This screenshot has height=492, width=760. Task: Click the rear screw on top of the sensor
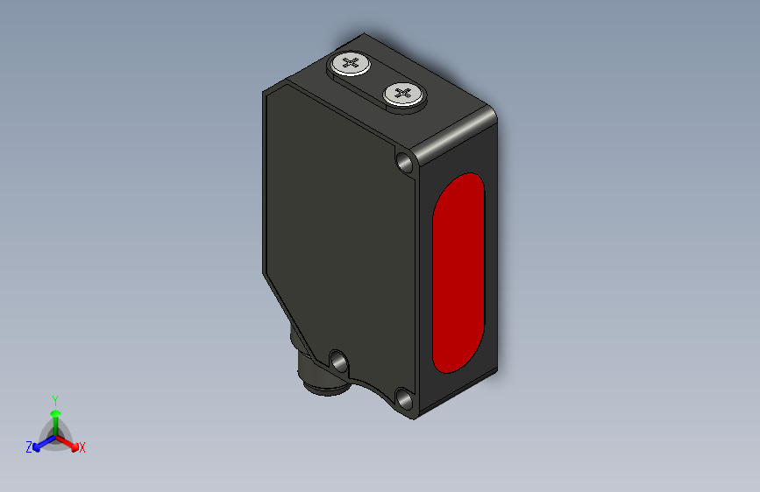click(x=351, y=64)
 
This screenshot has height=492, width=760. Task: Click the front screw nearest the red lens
click(x=402, y=94)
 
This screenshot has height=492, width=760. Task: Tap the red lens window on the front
click(x=458, y=271)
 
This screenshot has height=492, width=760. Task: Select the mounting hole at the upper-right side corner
click(x=405, y=162)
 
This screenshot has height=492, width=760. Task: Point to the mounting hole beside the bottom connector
click(x=337, y=358)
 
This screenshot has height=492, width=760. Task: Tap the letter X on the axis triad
click(x=82, y=448)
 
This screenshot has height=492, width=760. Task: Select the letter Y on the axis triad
click(x=55, y=398)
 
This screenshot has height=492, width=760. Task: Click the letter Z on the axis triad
click(x=29, y=447)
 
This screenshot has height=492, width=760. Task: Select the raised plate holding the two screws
click(x=377, y=79)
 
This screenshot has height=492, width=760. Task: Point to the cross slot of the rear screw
click(x=351, y=63)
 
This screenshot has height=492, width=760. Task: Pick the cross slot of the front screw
click(x=402, y=93)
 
